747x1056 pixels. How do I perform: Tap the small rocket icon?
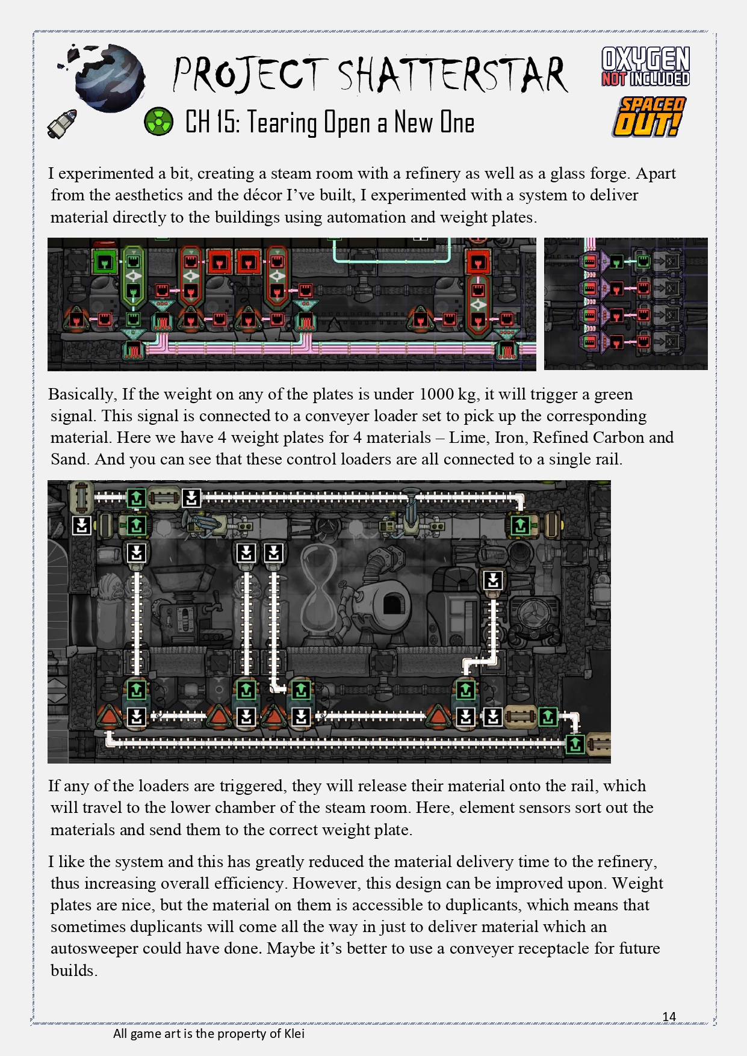[63, 123]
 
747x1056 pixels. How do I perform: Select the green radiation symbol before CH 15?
[159, 122]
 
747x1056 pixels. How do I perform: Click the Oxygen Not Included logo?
[646, 67]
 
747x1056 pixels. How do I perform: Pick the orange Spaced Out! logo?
[649, 117]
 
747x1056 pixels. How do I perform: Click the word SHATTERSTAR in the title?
[453, 75]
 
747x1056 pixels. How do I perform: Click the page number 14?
[669, 1017]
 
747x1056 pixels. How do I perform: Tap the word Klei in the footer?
[294, 1034]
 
